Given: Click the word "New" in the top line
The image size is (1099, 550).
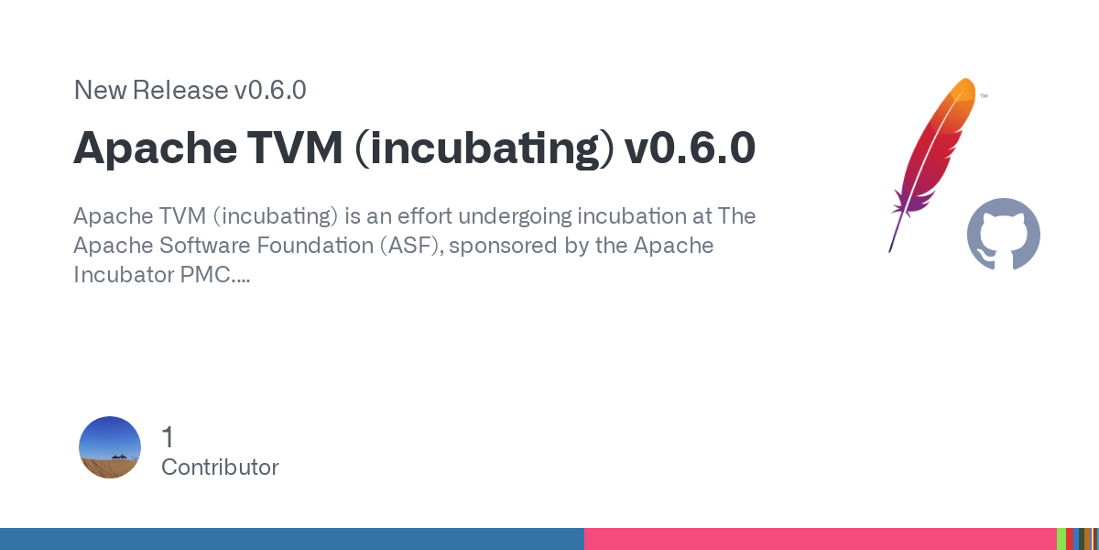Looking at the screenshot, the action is click(x=100, y=90).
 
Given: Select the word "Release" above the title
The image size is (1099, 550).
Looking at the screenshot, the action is click(x=180, y=90).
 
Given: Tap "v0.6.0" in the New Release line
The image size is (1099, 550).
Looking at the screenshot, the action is click(x=270, y=90).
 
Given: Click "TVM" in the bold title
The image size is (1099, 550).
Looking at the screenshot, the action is click(x=294, y=148).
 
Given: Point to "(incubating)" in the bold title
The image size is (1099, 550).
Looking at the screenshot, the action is click(x=484, y=148).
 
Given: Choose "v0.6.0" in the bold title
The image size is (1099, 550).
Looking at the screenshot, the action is click(x=690, y=148).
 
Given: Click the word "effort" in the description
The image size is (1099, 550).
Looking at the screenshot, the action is click(x=424, y=215).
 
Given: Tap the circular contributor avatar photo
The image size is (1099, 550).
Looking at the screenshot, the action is click(x=110, y=447).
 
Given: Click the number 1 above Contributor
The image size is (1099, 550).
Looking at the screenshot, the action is click(x=168, y=437).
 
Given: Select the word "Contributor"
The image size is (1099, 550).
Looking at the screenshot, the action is click(x=220, y=467).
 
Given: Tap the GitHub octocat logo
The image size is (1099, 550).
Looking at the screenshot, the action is click(x=1004, y=234).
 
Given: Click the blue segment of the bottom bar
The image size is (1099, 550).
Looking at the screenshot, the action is click(x=292, y=539).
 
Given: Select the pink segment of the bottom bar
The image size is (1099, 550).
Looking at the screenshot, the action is click(x=821, y=539).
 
